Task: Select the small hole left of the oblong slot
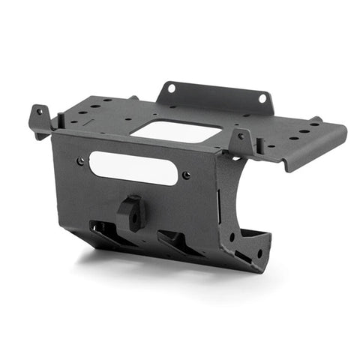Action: [x=80, y=160]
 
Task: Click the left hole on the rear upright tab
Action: [x=171, y=88]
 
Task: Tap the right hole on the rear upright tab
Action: [x=263, y=97]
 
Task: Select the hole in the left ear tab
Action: [x=40, y=113]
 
